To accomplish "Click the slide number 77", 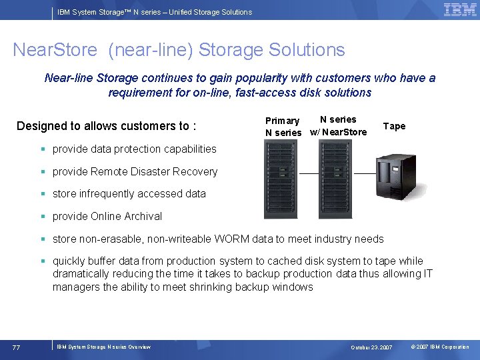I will click(x=16, y=347).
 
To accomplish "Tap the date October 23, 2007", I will click(x=372, y=347).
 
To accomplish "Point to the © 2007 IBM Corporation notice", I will click(x=440, y=347).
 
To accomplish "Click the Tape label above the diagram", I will click(x=394, y=126).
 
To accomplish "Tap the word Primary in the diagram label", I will click(x=282, y=121).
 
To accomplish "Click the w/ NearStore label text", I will click(x=339, y=132).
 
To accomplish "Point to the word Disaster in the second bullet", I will click(x=147, y=171).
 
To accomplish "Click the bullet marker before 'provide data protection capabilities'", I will click(x=42, y=149).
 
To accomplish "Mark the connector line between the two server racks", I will click(x=308, y=173).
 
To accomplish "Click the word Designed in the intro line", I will click(x=41, y=126).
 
